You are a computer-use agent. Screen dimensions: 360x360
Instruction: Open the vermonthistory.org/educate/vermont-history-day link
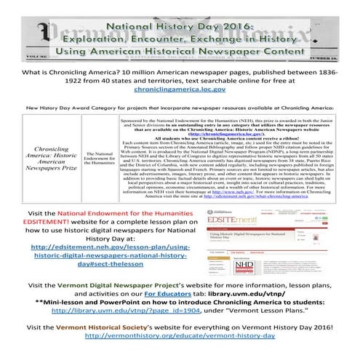click(179, 356)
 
